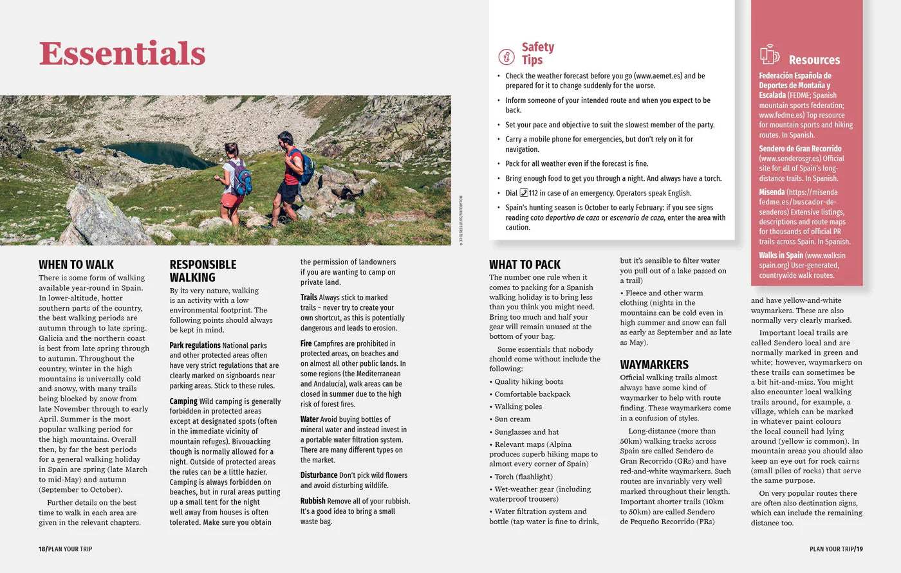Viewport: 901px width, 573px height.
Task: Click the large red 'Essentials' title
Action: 122,53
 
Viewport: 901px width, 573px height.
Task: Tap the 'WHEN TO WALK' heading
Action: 76,264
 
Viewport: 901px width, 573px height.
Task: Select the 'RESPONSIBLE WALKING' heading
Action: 203,271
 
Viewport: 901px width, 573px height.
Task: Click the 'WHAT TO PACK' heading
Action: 525,264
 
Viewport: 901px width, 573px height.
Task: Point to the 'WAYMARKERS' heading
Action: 654,365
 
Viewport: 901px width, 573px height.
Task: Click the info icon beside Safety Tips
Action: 506,57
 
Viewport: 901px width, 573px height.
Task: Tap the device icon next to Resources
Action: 769,55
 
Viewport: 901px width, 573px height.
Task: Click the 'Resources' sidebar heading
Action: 814,60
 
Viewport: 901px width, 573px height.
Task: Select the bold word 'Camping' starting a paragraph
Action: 183,401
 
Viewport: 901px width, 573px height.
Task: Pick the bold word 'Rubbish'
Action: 313,501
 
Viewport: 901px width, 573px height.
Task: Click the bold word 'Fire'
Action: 306,343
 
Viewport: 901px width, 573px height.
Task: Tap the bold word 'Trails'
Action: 309,297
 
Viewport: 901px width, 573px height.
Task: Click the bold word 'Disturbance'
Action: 319,475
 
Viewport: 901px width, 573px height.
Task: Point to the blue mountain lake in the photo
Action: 161,155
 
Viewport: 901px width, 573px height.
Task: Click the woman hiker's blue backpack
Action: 241,178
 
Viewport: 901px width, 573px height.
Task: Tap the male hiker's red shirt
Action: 293,167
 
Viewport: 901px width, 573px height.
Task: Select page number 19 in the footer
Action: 860,549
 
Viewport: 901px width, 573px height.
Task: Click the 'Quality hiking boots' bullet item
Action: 528,381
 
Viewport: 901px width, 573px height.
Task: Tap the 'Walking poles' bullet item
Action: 518,406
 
